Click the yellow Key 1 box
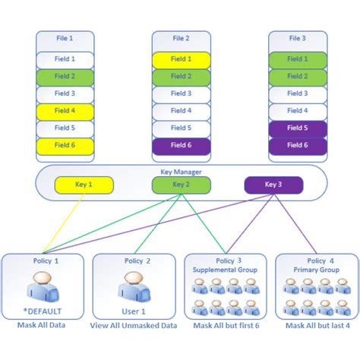click(84, 185)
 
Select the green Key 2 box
click(180, 185)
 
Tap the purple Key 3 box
click(273, 185)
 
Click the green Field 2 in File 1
click(65, 76)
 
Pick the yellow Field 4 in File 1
click(65, 111)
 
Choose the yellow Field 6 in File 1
click(65, 145)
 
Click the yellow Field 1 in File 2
click(181, 58)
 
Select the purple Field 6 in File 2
click(181, 145)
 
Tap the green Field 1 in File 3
click(297, 58)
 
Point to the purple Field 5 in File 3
click(297, 128)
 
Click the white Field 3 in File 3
click(297, 93)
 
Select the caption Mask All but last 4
click(317, 325)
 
